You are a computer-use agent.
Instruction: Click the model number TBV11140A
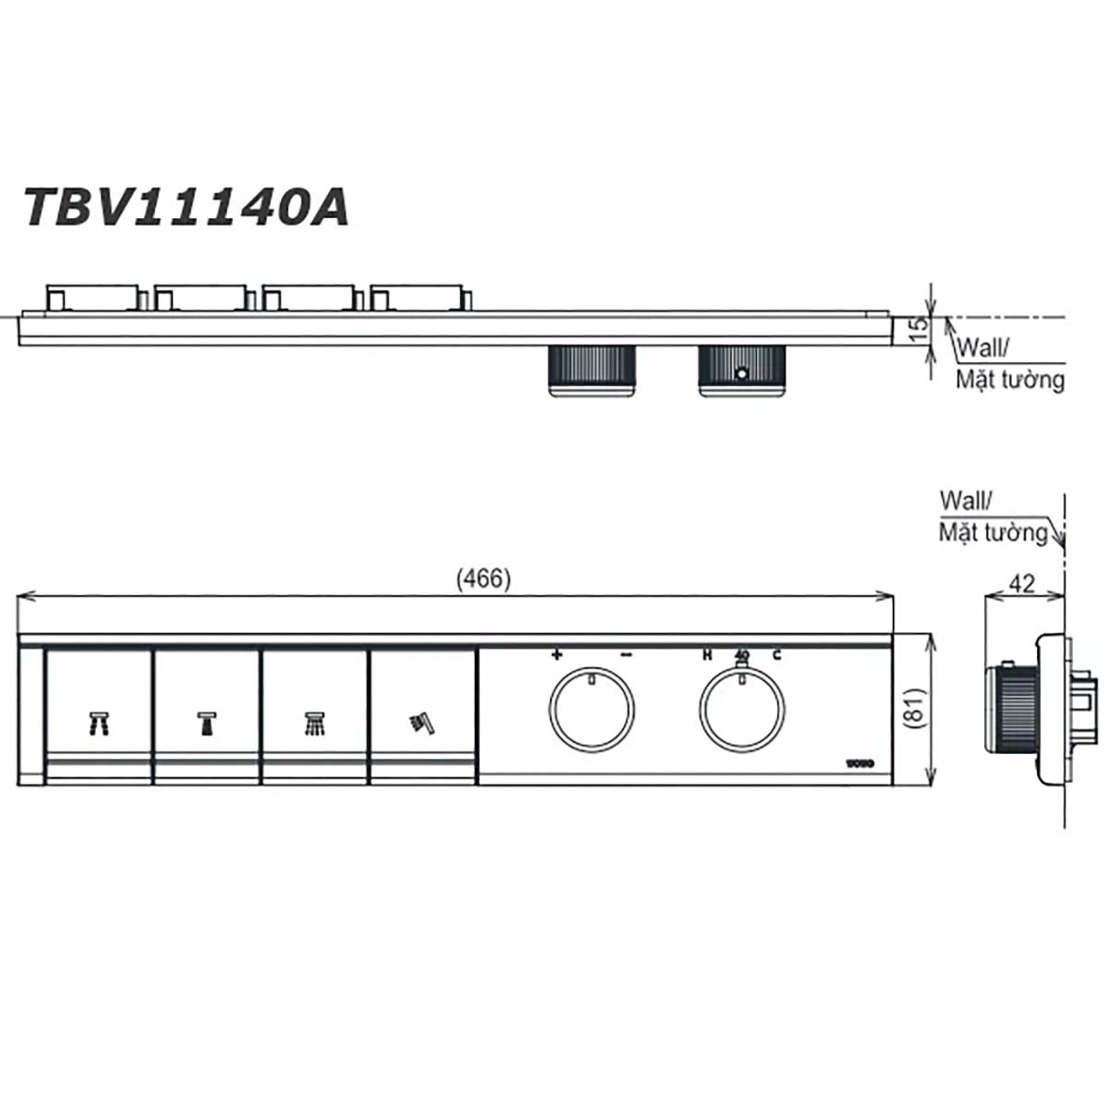pos(186,207)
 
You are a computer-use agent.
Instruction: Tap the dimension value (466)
pos(483,579)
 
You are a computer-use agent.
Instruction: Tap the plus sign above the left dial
pos(556,655)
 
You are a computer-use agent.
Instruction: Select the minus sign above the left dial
pos(626,655)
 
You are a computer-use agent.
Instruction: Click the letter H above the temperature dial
pos(707,655)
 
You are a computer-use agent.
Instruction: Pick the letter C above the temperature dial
pos(776,655)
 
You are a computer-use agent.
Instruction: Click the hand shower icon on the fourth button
pos(422,723)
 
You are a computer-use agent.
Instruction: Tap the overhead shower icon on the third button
pos(315,723)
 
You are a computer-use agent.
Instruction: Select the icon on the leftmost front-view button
pos(99,723)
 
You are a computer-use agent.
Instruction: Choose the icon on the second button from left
pos(207,723)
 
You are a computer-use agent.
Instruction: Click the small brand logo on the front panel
pos(859,763)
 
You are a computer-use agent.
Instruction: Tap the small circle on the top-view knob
pos(740,374)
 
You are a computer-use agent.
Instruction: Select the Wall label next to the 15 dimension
pos(983,348)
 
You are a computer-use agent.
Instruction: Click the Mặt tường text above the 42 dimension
pos(993,532)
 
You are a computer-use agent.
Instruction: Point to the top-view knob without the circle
pos(592,372)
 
